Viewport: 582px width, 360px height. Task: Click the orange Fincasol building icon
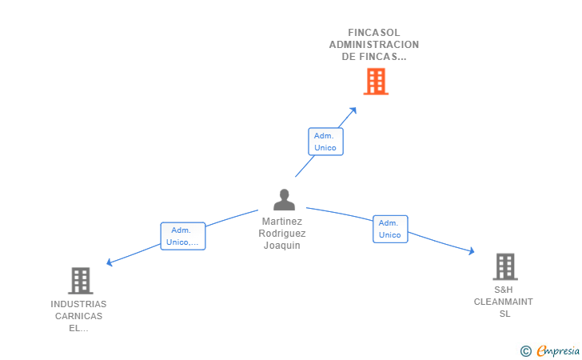pyautogui.click(x=376, y=82)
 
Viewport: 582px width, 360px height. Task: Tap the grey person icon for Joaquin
pyautogui.click(x=284, y=199)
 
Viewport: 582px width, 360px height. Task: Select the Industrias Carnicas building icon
pyautogui.click(x=80, y=281)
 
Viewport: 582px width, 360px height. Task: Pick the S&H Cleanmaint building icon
pyautogui.click(x=504, y=267)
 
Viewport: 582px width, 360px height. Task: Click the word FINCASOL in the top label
pyautogui.click(x=373, y=33)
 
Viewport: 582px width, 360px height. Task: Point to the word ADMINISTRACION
pyautogui.click(x=373, y=45)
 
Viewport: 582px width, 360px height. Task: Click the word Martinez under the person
pyautogui.click(x=282, y=222)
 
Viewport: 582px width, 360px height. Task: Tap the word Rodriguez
pyautogui.click(x=282, y=234)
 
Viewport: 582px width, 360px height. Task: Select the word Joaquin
pyautogui.click(x=282, y=246)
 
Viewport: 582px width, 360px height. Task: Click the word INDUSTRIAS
pyautogui.click(x=78, y=304)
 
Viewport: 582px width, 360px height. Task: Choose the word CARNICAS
pyautogui.click(x=78, y=316)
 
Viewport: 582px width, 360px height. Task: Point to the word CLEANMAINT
pyautogui.click(x=503, y=302)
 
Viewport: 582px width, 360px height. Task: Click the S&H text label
pyautogui.click(x=503, y=290)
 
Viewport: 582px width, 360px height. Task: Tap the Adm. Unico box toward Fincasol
pyautogui.click(x=325, y=142)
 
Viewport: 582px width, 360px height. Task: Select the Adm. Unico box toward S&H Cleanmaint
pyautogui.click(x=390, y=229)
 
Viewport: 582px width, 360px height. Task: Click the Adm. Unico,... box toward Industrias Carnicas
pyautogui.click(x=183, y=236)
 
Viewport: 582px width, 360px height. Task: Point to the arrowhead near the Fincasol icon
pyautogui.click(x=353, y=109)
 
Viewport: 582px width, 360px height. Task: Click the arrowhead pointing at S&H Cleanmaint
pyautogui.click(x=472, y=252)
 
